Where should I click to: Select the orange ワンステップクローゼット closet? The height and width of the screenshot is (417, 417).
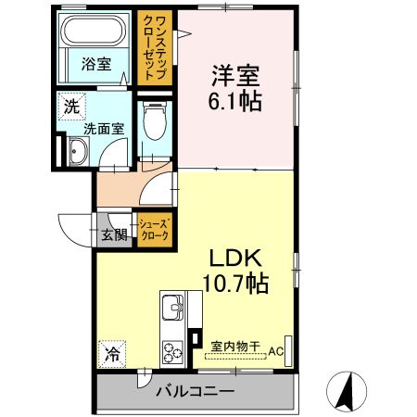pos(153,47)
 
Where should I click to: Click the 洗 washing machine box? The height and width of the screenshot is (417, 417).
pos(71,106)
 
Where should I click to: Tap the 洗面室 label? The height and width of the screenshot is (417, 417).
pos(105,130)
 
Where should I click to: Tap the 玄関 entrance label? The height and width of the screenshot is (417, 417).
pos(114,234)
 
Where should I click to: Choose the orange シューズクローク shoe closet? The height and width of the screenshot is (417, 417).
pos(154,230)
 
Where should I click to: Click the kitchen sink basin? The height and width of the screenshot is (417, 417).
pos(173,307)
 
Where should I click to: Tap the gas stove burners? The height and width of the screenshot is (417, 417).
pos(173,351)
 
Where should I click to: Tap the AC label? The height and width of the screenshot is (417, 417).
pos(276,351)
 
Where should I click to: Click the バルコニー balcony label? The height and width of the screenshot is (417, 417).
pos(195,391)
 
